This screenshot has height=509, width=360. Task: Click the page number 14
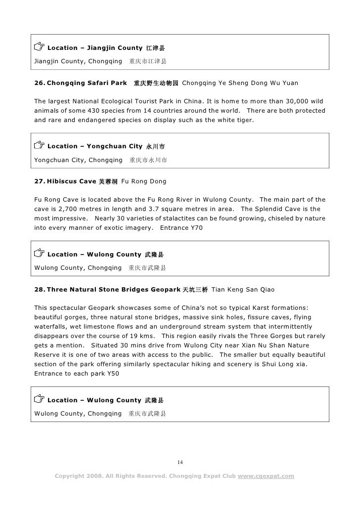click(x=180, y=463)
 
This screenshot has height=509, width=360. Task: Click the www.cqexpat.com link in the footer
click(x=266, y=476)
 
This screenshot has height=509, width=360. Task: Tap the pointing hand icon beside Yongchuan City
click(x=39, y=146)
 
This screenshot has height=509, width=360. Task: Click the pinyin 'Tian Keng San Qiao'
click(x=243, y=289)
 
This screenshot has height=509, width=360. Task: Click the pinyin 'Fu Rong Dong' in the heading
click(x=144, y=181)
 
